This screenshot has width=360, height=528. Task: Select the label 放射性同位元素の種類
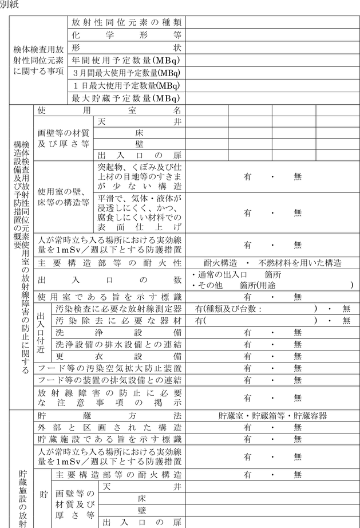126,22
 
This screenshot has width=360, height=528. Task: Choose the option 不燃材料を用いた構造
300,263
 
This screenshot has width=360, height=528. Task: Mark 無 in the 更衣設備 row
297,356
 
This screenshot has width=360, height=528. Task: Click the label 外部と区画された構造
109,428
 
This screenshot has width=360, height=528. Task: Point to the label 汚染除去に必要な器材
118,320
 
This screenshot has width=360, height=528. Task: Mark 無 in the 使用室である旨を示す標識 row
297,297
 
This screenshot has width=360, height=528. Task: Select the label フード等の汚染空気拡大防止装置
109,368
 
